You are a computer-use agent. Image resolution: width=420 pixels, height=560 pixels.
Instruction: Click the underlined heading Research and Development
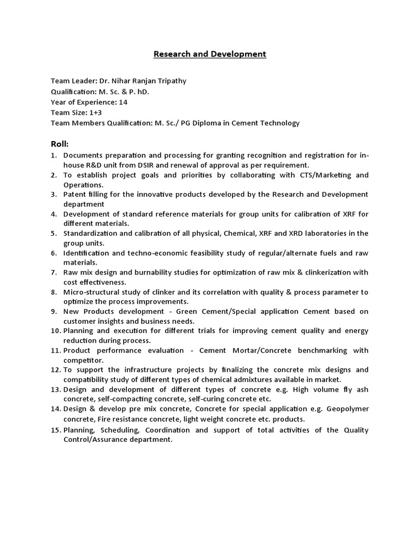209,54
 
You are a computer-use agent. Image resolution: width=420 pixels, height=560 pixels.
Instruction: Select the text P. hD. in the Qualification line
137,91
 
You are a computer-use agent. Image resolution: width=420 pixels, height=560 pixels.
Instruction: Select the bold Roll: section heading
60,144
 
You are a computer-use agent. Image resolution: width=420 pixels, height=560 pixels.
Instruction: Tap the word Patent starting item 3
75,195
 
